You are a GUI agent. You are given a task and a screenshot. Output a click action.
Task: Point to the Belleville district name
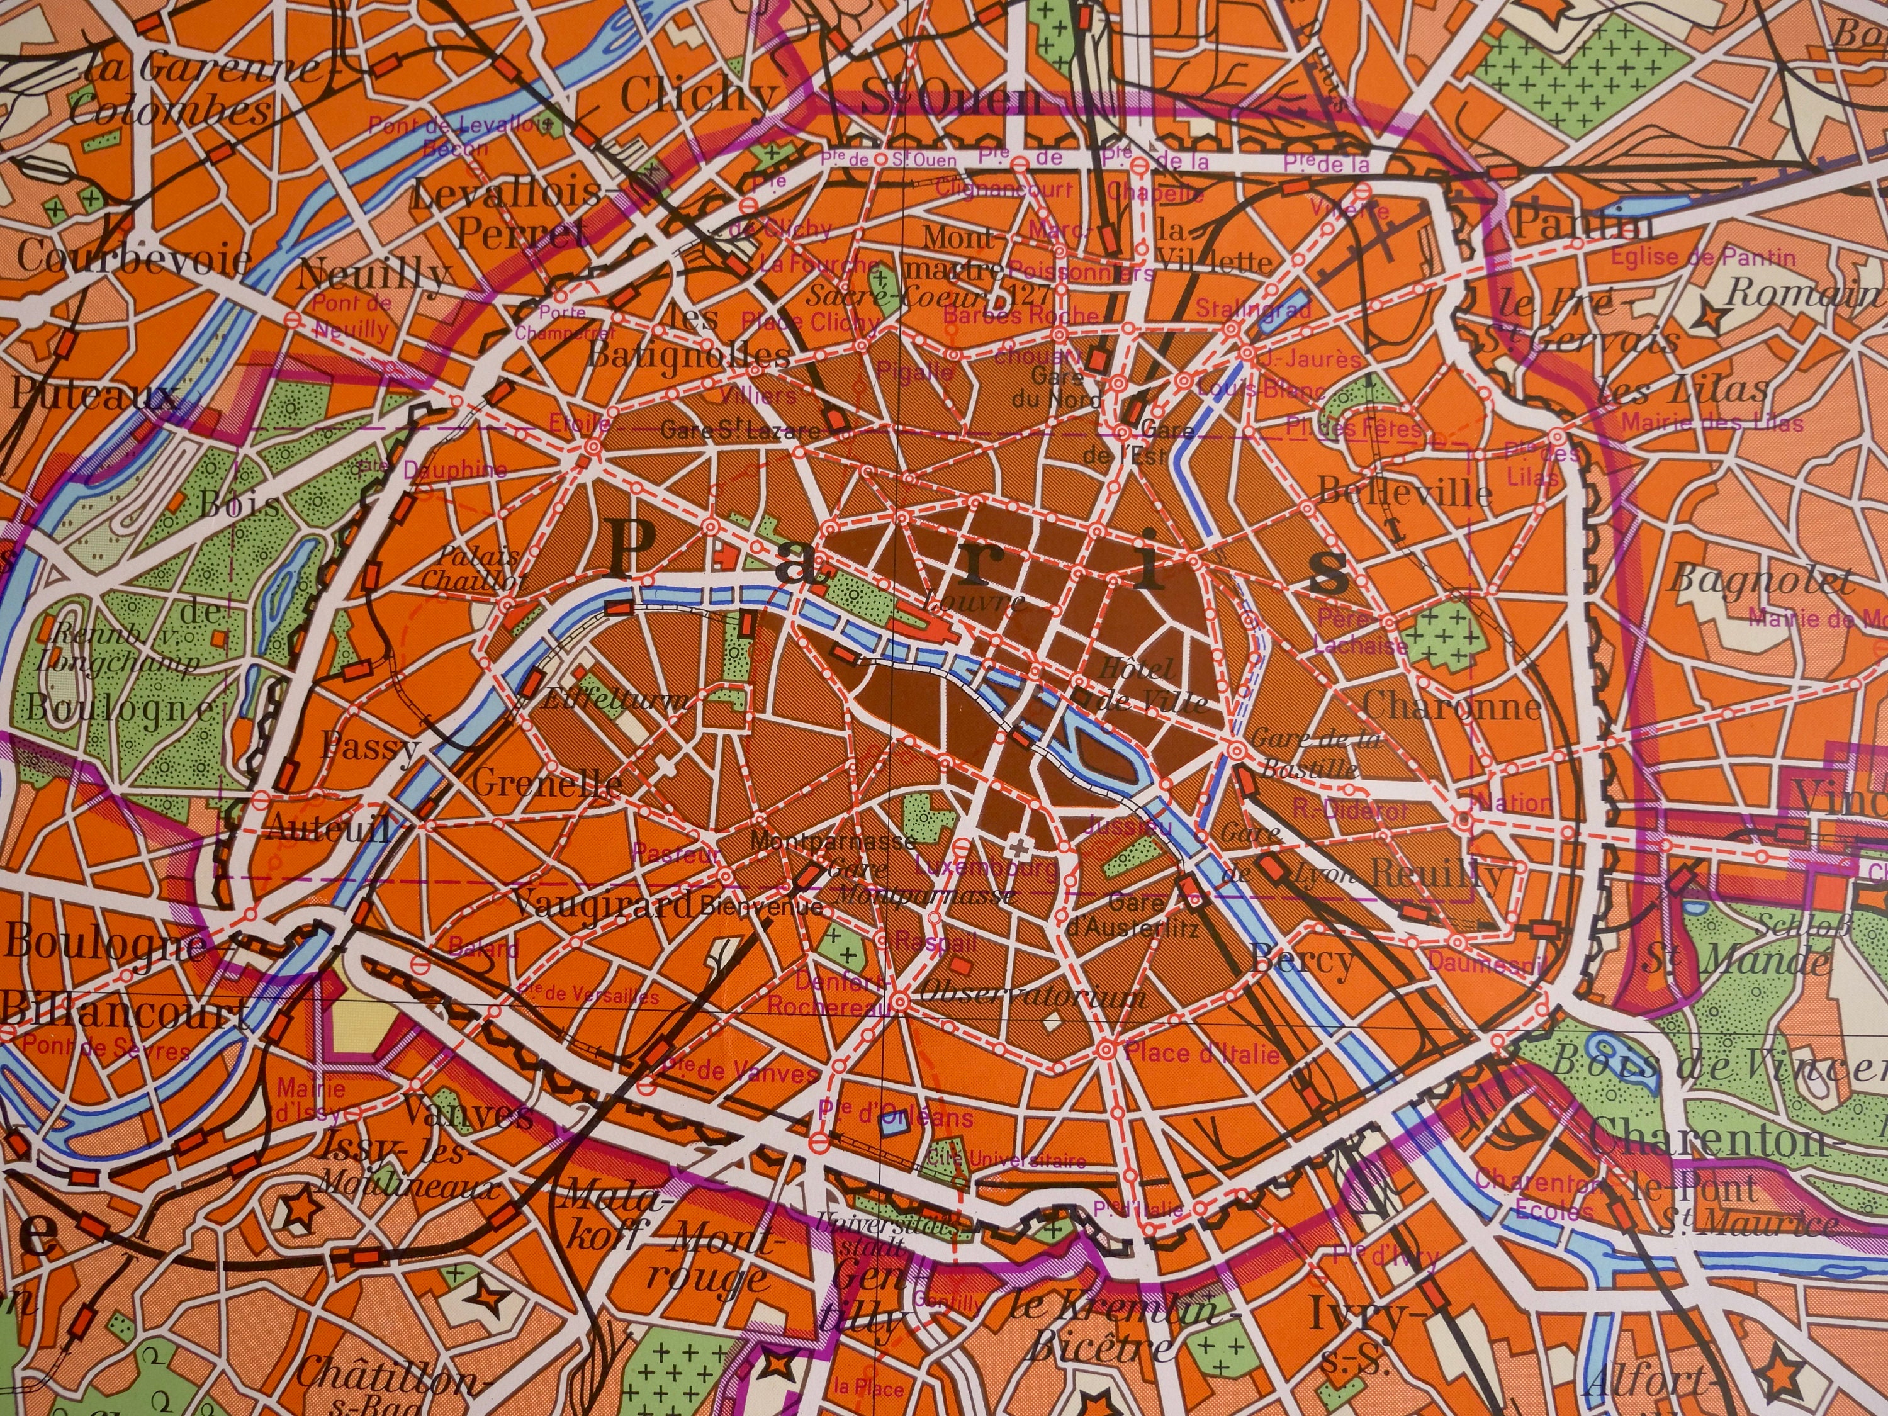point(1404,493)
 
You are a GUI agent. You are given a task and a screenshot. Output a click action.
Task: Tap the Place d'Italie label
point(1202,1052)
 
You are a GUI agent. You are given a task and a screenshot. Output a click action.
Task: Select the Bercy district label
point(1301,961)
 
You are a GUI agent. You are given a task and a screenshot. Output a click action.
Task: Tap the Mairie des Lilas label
point(1711,422)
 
